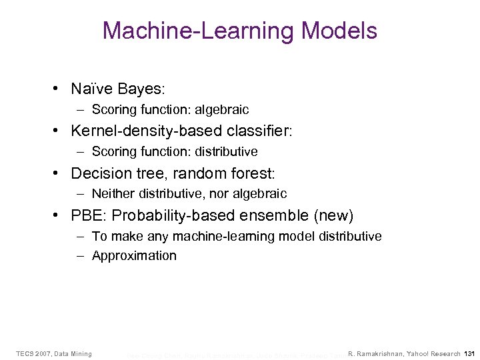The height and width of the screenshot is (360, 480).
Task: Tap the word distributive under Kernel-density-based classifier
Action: coord(225,151)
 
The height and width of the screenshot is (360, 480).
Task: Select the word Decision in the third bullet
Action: coord(97,173)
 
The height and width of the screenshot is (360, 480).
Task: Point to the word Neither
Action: coord(112,194)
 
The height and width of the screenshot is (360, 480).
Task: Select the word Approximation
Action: coord(134,256)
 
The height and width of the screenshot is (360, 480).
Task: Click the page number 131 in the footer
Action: coord(469,353)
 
